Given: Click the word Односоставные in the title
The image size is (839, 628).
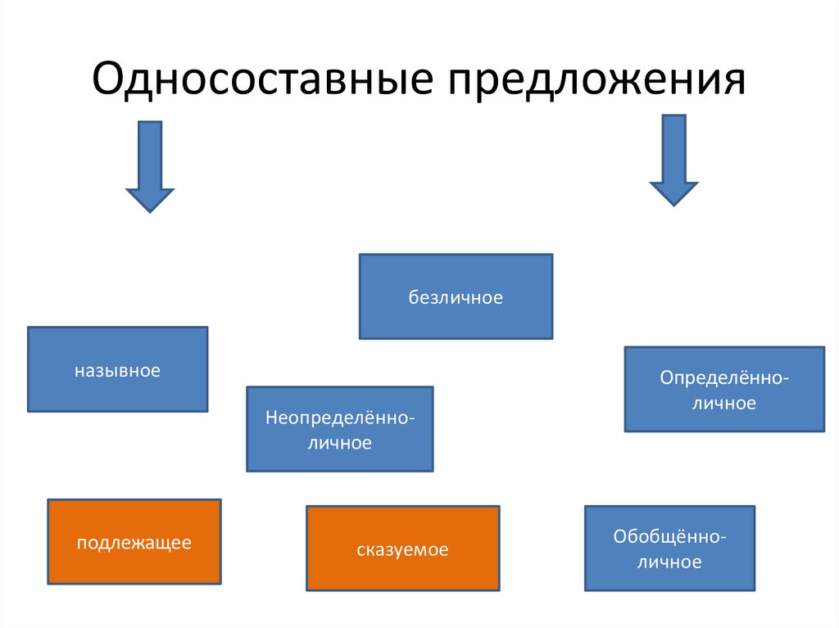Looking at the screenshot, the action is point(263,78).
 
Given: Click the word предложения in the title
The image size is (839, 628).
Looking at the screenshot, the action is point(596,80).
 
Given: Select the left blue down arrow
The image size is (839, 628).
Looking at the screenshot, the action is point(150,167).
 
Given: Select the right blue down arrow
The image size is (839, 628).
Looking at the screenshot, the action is point(673,160).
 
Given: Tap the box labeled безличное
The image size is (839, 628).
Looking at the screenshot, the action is point(456,296).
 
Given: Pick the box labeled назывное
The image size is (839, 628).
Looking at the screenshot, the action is point(118,369).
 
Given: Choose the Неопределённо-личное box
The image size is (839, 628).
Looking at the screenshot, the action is point(340,429).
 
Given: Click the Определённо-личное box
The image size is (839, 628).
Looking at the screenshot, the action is point(724,389).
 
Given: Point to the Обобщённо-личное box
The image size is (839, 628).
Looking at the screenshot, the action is point(670,549).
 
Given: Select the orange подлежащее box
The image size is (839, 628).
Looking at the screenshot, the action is point(134,542).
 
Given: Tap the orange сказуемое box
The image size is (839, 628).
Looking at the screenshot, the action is point(403,549).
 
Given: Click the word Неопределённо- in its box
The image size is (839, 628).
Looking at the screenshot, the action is point(340,418).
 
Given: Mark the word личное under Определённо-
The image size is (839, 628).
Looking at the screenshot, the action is point(724,403).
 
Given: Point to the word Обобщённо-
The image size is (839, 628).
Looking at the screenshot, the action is point(670,536).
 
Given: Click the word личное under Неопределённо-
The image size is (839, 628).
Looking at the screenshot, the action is point(340,443).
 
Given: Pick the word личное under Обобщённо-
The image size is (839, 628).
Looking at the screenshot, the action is point(669,562).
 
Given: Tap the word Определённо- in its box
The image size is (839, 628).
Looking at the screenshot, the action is point(724,377).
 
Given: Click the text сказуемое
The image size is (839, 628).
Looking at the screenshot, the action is point(402,550).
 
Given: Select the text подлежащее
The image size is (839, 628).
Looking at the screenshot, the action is point(134,543).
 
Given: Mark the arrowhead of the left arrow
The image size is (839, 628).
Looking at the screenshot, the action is point(150,212).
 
